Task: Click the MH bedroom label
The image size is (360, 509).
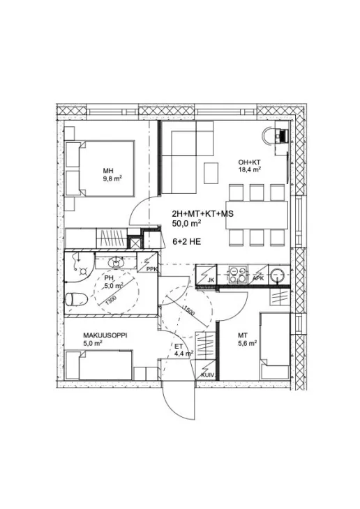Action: [x=108, y=171]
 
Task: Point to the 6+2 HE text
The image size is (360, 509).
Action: [x=187, y=242]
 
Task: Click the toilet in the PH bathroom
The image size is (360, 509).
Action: [x=76, y=299]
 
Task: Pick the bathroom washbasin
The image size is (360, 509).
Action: [x=115, y=261]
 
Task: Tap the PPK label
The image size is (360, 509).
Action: [x=151, y=269]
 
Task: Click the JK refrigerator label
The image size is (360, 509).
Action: [x=211, y=279]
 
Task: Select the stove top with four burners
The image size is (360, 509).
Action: [x=237, y=274]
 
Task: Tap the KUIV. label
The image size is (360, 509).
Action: [x=208, y=375]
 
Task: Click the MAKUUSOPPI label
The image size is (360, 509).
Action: [x=105, y=335]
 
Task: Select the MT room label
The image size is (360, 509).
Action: [x=242, y=335]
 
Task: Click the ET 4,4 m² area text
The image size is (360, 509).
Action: [x=183, y=351]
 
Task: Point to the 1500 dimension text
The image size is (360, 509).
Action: [x=189, y=311]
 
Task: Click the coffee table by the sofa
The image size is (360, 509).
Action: [x=211, y=173]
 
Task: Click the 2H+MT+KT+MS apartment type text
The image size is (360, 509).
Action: [x=203, y=214]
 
